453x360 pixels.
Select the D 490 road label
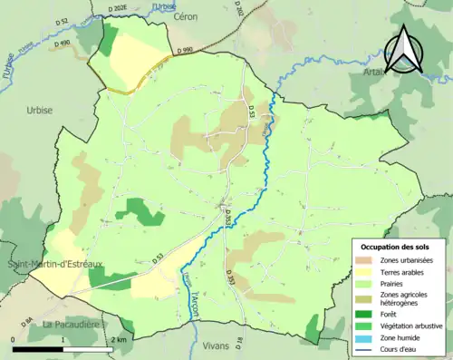pyautogui.click(x=62, y=43)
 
